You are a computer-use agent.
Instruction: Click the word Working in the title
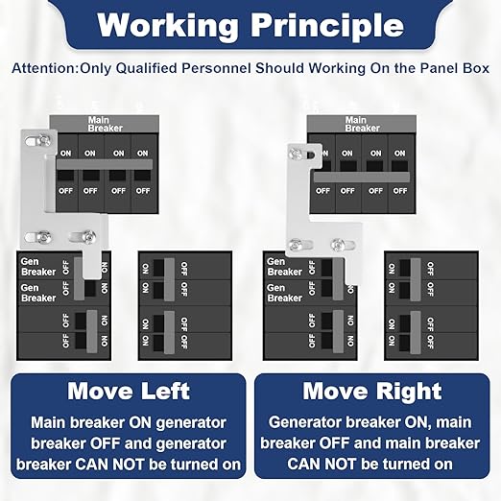click(x=168, y=26)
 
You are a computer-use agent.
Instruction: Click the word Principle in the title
click(x=326, y=27)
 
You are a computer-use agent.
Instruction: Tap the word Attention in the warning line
click(x=44, y=68)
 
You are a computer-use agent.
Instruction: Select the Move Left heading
click(x=129, y=391)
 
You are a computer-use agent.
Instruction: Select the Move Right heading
click(x=372, y=392)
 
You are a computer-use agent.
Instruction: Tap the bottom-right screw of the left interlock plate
click(x=89, y=237)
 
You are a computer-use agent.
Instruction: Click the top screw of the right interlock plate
click(x=296, y=155)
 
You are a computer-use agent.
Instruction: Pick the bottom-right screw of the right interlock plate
click(x=337, y=245)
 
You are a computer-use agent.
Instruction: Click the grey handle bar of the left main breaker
click(x=105, y=164)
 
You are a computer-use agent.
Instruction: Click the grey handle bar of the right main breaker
click(x=362, y=177)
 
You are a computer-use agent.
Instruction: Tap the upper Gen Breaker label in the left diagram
click(x=38, y=267)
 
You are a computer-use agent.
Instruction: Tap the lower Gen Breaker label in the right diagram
click(x=284, y=293)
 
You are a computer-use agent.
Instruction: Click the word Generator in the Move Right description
click(x=305, y=422)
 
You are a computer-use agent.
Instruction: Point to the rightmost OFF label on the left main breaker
click(x=143, y=191)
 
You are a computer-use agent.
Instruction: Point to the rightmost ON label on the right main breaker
click(x=399, y=154)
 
